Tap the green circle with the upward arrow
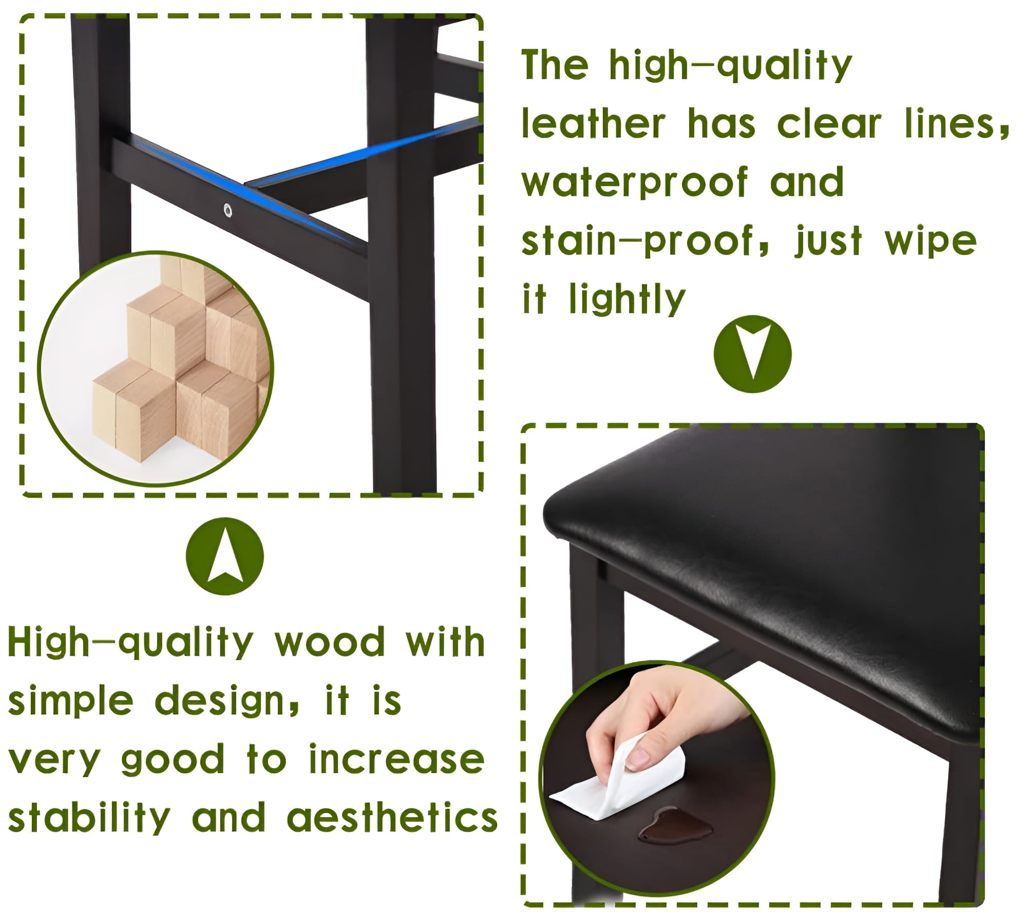[224, 556]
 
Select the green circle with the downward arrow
[752, 354]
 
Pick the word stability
[89, 819]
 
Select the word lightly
[627, 300]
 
